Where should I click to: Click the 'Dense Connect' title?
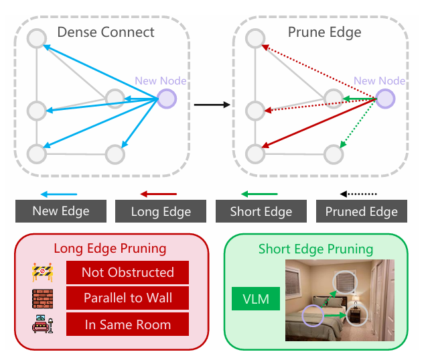click(x=106, y=32)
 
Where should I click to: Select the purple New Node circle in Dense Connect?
click(x=166, y=99)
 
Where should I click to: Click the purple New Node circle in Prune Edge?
click(x=384, y=99)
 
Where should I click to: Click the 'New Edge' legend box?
click(x=61, y=211)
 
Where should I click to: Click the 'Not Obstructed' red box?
click(x=127, y=272)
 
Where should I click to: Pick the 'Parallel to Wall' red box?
click(x=127, y=298)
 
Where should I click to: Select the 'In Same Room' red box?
click(x=127, y=324)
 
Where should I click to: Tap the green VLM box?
click(x=255, y=299)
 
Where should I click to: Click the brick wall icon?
click(x=42, y=298)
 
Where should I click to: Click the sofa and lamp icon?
click(x=42, y=324)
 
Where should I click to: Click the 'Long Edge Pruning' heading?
click(x=110, y=249)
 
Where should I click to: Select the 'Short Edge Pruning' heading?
click(x=315, y=249)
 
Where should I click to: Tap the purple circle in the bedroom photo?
click(x=311, y=315)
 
